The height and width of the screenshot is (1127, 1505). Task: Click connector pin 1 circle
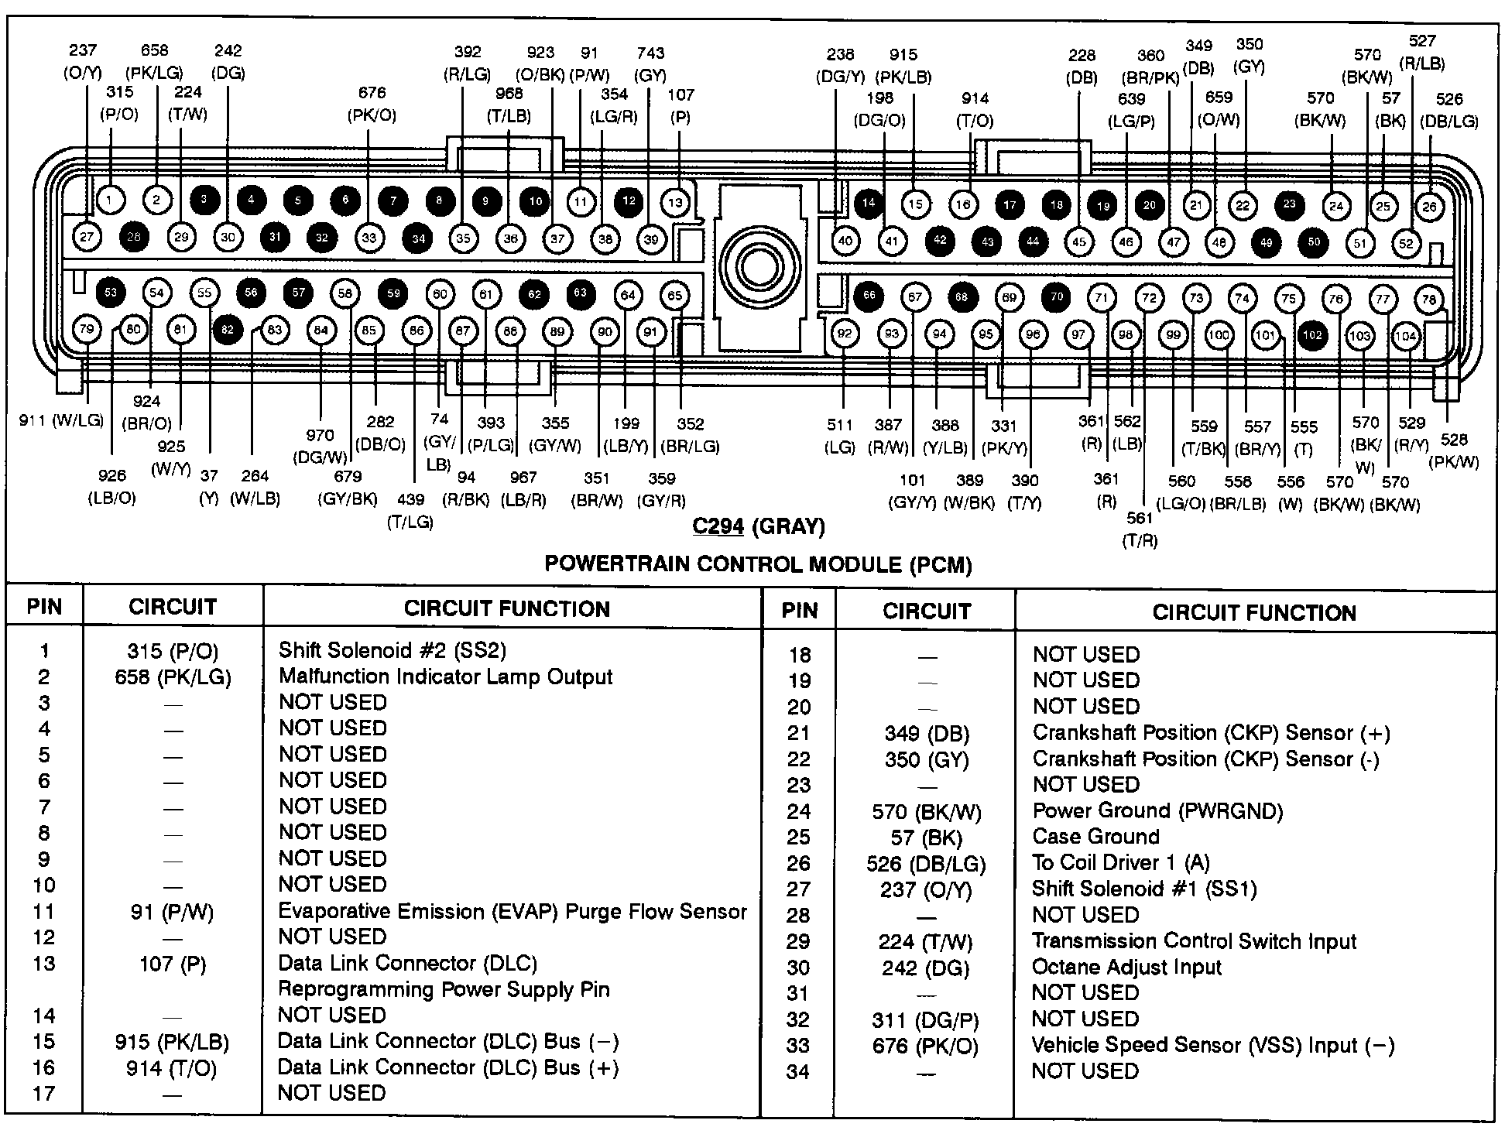(x=109, y=200)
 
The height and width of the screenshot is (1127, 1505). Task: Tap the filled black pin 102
(x=1312, y=335)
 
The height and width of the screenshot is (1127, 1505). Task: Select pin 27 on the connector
(x=87, y=237)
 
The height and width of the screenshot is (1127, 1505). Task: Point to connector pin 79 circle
(x=87, y=330)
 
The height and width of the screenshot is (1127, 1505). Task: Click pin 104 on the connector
(x=1406, y=336)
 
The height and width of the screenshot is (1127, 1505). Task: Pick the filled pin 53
(x=111, y=293)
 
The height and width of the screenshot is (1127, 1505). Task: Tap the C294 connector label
(x=718, y=527)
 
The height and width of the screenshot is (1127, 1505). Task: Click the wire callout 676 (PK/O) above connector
(x=372, y=104)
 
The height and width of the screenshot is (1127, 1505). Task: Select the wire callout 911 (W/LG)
(x=61, y=421)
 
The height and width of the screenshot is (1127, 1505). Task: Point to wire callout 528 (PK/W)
(x=1454, y=450)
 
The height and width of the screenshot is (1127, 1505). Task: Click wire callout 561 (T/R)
(x=1140, y=529)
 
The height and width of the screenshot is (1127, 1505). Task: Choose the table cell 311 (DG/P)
(x=925, y=1021)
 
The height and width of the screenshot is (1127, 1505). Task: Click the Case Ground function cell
(x=1095, y=837)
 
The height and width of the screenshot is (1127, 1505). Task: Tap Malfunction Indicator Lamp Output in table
(x=445, y=677)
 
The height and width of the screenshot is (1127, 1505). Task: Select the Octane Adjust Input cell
(x=1126, y=968)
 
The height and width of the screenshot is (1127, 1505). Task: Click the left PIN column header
(x=44, y=607)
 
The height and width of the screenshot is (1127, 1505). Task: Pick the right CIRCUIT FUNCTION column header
(x=1254, y=613)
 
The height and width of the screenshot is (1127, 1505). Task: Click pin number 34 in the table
(x=798, y=1072)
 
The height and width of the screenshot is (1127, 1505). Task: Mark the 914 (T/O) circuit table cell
(x=171, y=1069)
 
